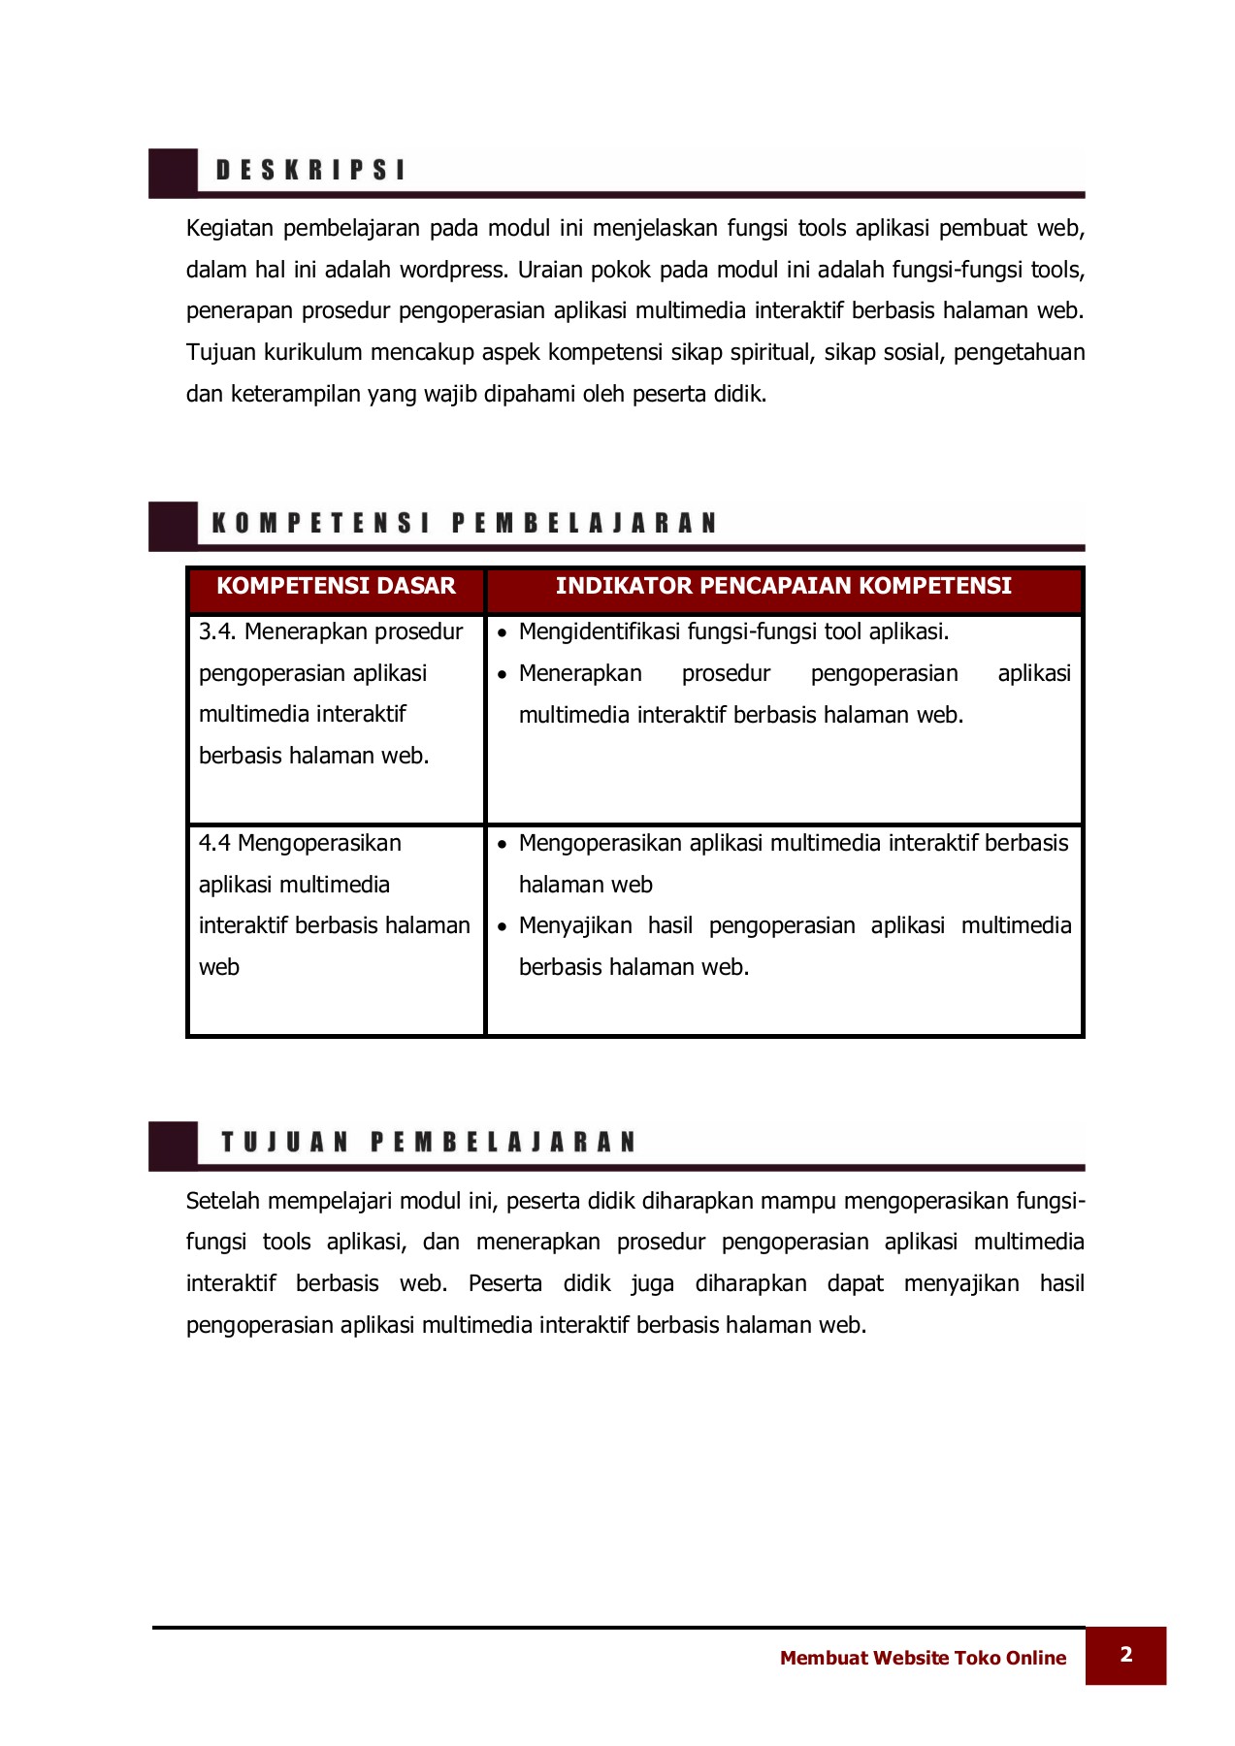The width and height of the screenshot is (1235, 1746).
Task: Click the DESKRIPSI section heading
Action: point(310,171)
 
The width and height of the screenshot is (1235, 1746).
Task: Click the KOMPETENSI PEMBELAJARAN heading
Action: point(464,524)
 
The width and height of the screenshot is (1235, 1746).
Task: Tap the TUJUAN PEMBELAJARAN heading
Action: point(428,1142)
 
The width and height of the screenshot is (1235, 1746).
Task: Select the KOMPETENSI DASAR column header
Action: point(336,586)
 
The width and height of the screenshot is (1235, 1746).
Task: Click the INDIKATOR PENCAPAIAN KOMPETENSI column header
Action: point(783,586)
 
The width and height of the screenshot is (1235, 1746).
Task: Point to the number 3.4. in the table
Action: point(218,632)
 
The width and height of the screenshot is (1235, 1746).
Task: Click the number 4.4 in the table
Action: point(214,844)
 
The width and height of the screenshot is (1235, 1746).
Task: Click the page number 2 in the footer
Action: point(1125,1655)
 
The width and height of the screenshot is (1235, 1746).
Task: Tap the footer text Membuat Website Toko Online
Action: point(922,1658)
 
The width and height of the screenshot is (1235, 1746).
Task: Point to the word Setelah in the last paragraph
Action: point(223,1201)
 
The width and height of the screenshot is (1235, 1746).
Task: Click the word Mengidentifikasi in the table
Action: point(599,632)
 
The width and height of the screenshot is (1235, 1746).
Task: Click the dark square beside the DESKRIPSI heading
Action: point(173,173)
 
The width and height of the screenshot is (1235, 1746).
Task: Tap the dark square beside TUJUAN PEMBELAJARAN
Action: point(173,1145)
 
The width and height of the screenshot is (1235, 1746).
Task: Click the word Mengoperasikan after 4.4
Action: point(319,844)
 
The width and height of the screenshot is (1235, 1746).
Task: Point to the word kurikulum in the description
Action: point(313,352)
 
